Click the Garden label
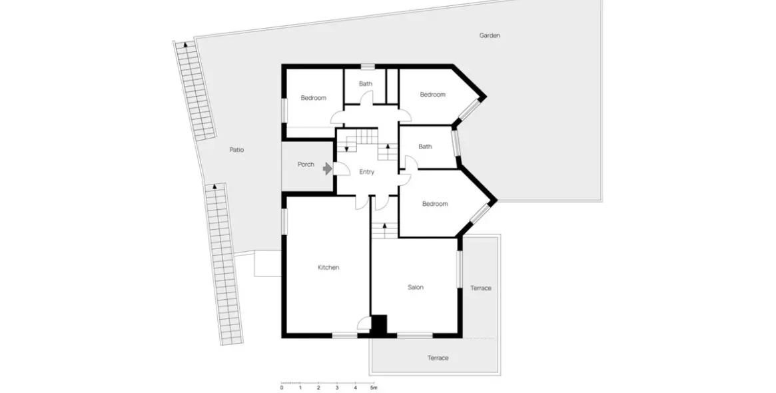point(490,35)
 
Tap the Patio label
point(236,150)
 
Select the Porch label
point(306,165)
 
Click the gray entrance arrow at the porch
point(326,169)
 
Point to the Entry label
point(366,172)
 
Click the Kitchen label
point(328,267)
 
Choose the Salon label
point(416,288)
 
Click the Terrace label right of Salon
point(481,288)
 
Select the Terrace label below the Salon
point(438,358)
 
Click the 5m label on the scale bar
point(374,388)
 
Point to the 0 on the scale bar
point(282,388)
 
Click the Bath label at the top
point(366,84)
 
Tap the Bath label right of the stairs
point(425,147)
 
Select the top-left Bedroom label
point(313,98)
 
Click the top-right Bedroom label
point(432,95)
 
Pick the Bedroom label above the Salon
point(435,204)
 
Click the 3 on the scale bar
point(337,388)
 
